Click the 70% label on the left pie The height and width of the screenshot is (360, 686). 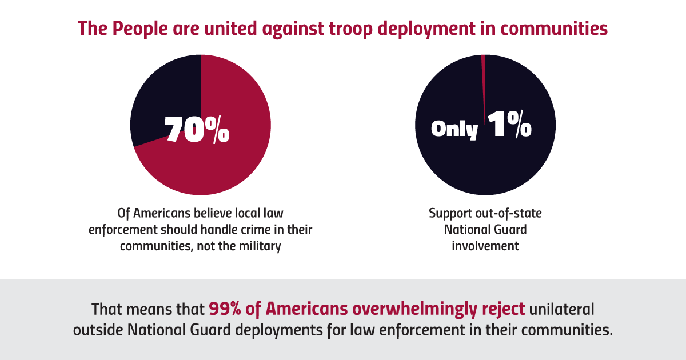point(197,130)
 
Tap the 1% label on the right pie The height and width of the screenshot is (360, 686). point(509,126)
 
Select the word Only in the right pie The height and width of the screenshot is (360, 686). point(454,129)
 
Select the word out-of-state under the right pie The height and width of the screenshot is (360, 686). point(504,213)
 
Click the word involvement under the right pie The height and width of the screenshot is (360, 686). point(485,246)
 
